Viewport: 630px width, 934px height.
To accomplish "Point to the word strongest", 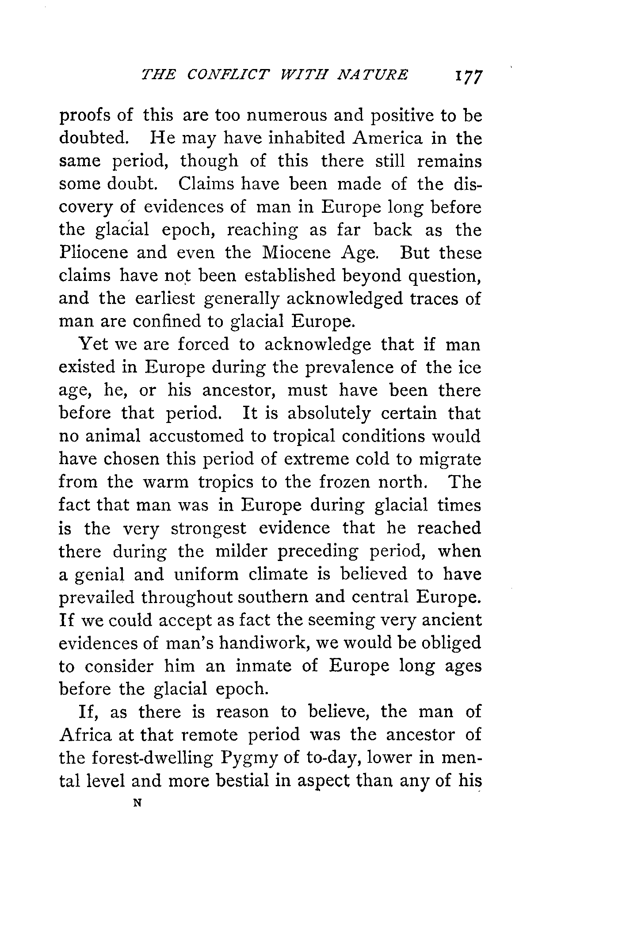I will point(208,529).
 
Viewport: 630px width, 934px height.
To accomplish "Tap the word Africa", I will point(85,735).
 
